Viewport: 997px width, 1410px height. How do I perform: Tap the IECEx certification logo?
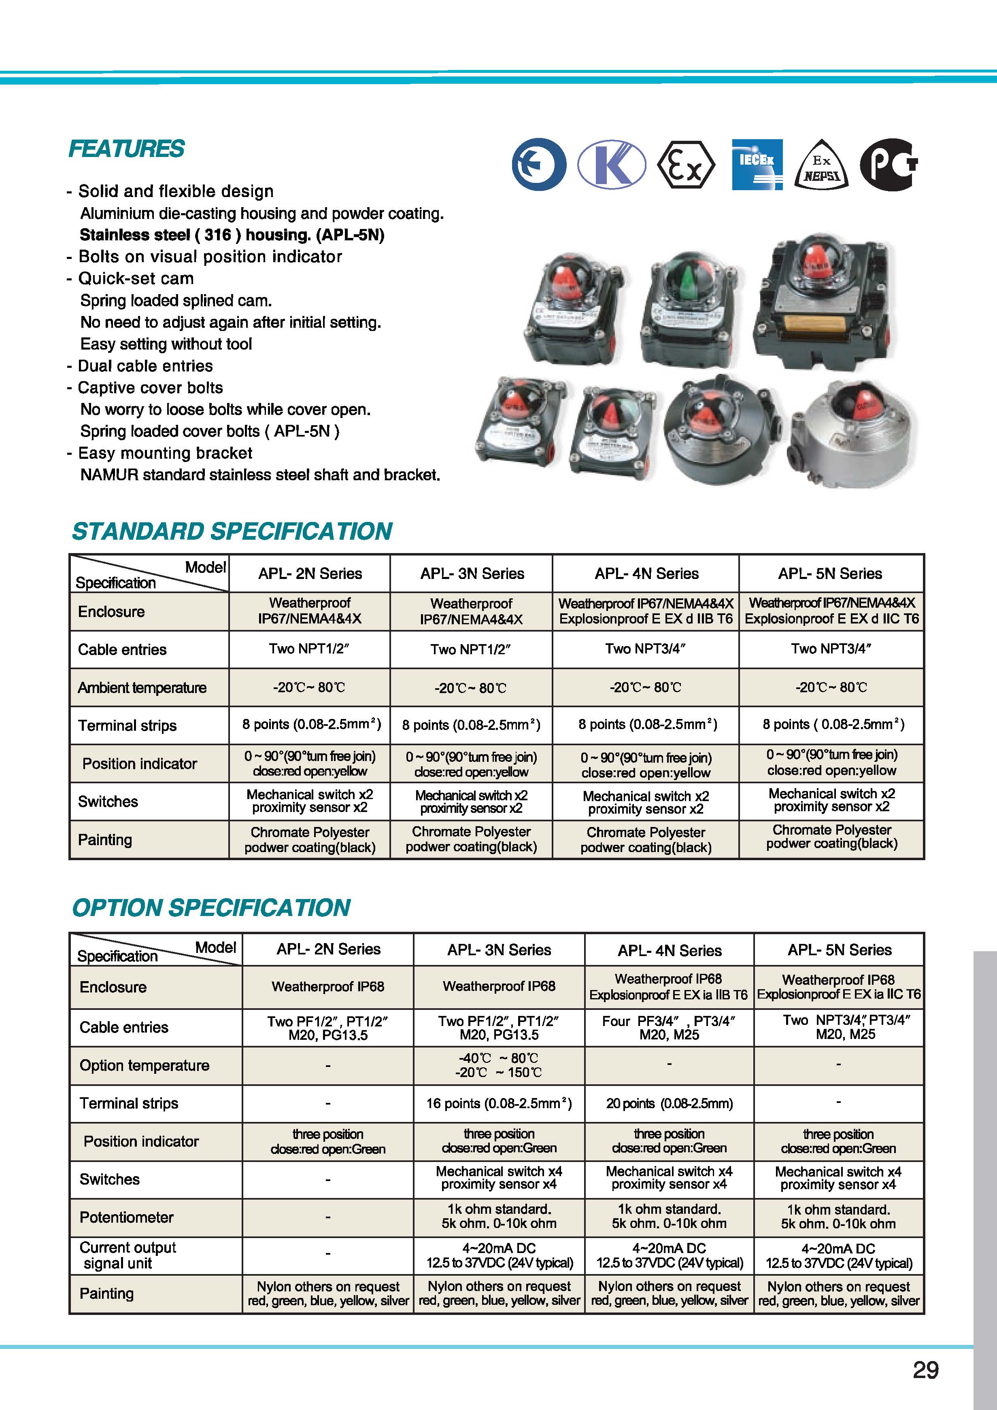click(x=757, y=165)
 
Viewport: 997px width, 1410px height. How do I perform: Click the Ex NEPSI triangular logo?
click(x=821, y=165)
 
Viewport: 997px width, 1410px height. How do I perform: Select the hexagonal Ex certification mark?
click(x=686, y=165)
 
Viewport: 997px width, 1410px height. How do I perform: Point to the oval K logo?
click(x=612, y=165)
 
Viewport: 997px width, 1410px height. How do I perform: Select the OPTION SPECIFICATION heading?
click(x=211, y=907)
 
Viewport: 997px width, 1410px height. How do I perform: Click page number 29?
click(x=925, y=1370)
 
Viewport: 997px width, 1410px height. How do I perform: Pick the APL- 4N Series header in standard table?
click(x=646, y=574)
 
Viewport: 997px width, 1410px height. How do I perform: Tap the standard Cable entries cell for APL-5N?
click(x=831, y=649)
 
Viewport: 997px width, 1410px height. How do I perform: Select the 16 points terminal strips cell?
click(x=499, y=1104)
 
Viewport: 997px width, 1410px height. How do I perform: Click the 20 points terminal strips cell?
click(x=669, y=1104)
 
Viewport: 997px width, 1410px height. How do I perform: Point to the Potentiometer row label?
click(x=127, y=1217)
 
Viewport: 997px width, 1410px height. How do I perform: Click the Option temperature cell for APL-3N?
click(x=499, y=1065)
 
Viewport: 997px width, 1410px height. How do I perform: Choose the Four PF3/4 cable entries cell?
click(x=669, y=1027)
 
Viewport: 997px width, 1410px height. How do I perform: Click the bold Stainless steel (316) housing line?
click(x=232, y=235)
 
